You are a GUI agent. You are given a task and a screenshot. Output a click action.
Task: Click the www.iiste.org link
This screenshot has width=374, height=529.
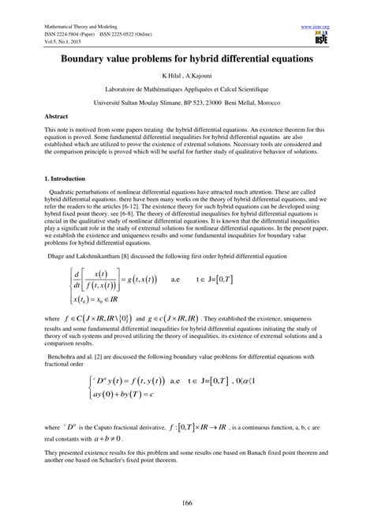click(x=315, y=26)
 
